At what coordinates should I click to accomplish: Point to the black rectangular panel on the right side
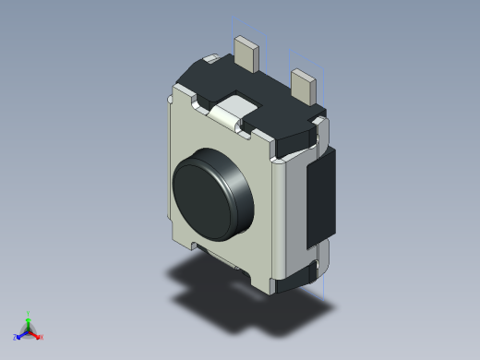click(x=320, y=198)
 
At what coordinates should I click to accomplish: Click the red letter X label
click(x=42, y=337)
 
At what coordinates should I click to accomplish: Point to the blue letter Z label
click(x=15, y=338)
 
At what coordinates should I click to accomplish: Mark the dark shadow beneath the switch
click(x=203, y=286)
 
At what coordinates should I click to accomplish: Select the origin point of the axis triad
click(x=28, y=330)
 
